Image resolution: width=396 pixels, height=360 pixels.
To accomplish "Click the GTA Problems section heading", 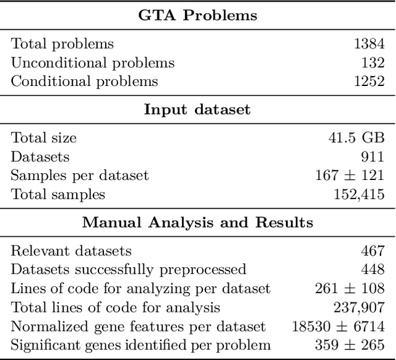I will click(197, 15).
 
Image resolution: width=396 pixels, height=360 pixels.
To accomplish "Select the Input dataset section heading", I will click(197, 109).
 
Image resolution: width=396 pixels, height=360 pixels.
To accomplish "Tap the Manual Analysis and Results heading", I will click(197, 222).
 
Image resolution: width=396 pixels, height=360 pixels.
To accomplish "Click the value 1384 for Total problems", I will click(369, 44).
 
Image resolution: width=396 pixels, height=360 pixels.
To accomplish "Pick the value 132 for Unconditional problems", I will click(373, 62).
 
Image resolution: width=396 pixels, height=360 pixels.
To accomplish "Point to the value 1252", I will click(369, 81).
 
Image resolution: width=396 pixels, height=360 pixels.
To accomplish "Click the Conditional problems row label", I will click(85, 81).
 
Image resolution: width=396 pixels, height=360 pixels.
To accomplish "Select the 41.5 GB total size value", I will click(356, 138).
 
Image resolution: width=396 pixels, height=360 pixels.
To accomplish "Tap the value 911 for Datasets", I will click(373, 156).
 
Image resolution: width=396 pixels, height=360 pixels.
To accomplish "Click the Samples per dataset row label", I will click(80, 175).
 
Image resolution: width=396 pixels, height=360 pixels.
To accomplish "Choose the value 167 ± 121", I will click(350, 175).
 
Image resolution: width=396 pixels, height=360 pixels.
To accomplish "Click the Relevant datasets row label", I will click(72, 251).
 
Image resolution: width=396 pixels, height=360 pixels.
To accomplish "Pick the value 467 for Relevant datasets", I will click(373, 251).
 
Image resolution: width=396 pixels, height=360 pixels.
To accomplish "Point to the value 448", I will click(373, 269).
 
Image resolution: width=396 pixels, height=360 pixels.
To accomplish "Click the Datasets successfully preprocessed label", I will click(129, 269).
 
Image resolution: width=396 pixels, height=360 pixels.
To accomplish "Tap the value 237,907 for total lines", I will click(359, 307).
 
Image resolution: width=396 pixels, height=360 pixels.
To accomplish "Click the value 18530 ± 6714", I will click(338, 326).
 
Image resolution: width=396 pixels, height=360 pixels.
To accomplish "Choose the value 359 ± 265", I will click(350, 345).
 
